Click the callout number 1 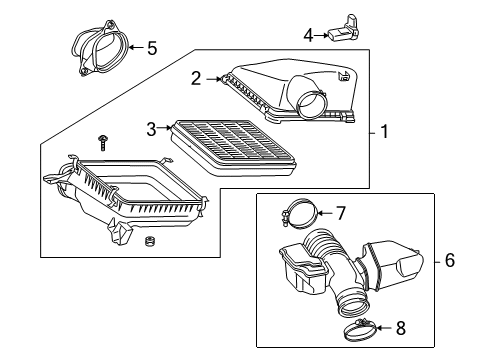click(385, 131)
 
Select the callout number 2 click(197, 77)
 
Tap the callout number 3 click(152, 128)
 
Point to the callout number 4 click(309, 35)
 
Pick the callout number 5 click(153, 47)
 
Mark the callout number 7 click(339, 212)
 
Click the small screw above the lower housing click(103, 136)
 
